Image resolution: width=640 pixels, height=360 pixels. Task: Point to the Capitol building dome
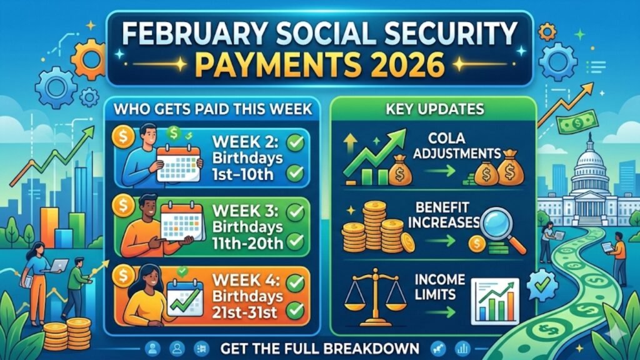589,156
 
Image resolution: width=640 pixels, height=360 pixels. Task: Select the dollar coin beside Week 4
122,273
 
